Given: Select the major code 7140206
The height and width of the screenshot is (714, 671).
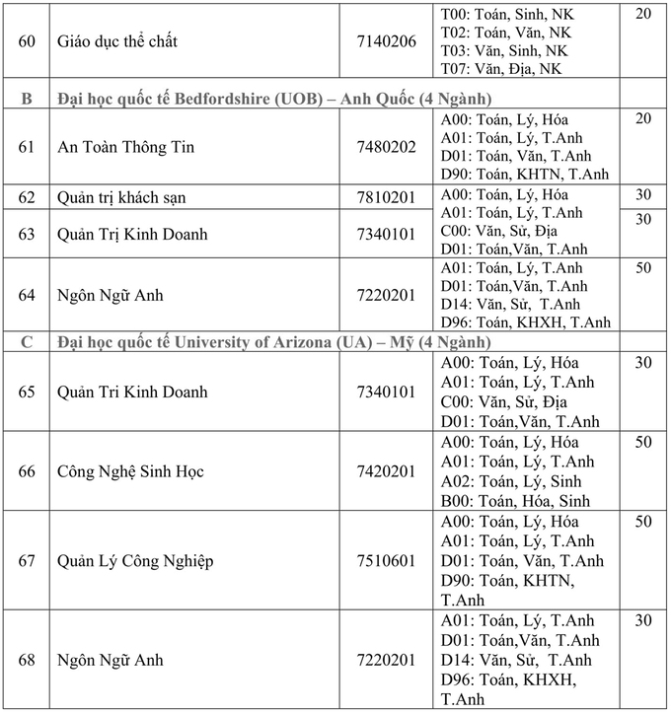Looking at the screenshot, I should click(387, 41).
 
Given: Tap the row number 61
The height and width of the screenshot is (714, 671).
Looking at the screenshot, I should click(27, 147).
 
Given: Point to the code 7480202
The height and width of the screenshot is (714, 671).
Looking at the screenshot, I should click(387, 147).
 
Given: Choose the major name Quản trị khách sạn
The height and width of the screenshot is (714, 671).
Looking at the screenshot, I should click(121, 197).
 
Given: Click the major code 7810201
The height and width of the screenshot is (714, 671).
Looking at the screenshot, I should click(387, 197).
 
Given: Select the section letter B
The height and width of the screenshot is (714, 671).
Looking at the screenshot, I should click(27, 99).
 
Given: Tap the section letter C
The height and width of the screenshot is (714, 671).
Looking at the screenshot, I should click(27, 342).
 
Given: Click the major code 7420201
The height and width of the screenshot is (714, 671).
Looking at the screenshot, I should click(387, 471).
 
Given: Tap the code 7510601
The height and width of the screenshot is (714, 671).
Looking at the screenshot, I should click(387, 561).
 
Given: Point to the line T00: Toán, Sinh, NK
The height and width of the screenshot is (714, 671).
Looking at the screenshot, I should click(506, 14).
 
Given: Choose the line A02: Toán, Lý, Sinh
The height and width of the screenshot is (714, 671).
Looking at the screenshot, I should click(510, 481).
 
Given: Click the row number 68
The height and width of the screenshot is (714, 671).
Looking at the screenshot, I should click(27, 660).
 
